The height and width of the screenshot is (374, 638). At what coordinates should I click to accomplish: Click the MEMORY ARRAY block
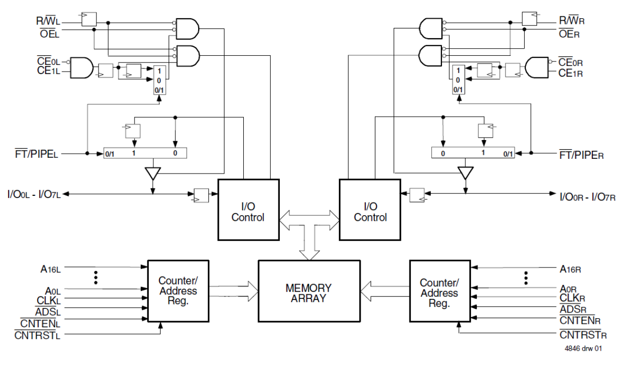point(309,293)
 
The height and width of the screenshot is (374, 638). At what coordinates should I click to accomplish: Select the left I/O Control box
point(248,209)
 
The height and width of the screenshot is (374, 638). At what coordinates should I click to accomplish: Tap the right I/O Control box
point(370,209)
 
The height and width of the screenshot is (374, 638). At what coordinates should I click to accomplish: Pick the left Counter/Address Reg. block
point(178,291)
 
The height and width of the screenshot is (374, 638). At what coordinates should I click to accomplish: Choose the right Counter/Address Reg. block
point(439,293)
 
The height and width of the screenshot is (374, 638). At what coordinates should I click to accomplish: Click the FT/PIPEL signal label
point(37,154)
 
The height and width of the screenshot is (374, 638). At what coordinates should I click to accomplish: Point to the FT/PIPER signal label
point(581,155)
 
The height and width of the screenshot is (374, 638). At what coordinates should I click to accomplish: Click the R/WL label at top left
point(48,21)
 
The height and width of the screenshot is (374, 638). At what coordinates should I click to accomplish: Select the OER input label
point(569,34)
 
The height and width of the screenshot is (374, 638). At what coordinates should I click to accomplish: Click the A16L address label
point(51,268)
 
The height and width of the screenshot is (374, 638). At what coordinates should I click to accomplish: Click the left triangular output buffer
point(152,173)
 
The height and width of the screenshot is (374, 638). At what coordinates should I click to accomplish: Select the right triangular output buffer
point(464,173)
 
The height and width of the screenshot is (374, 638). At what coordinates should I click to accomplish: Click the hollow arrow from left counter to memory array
point(234,290)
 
